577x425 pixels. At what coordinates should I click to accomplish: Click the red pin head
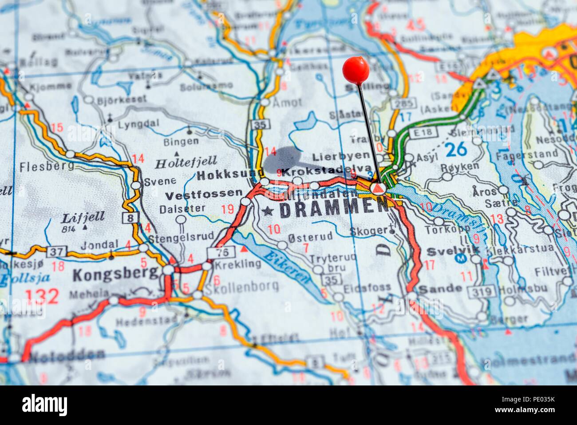coord(356,70)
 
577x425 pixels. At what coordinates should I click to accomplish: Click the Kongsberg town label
coord(115,274)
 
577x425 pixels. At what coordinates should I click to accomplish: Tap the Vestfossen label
coord(204,194)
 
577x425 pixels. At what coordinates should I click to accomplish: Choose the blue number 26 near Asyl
coord(456,149)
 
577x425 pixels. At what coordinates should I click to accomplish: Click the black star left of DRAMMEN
coord(267,211)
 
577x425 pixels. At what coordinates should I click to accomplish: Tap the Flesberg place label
coord(41,167)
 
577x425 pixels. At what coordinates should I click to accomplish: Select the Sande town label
coord(434,288)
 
